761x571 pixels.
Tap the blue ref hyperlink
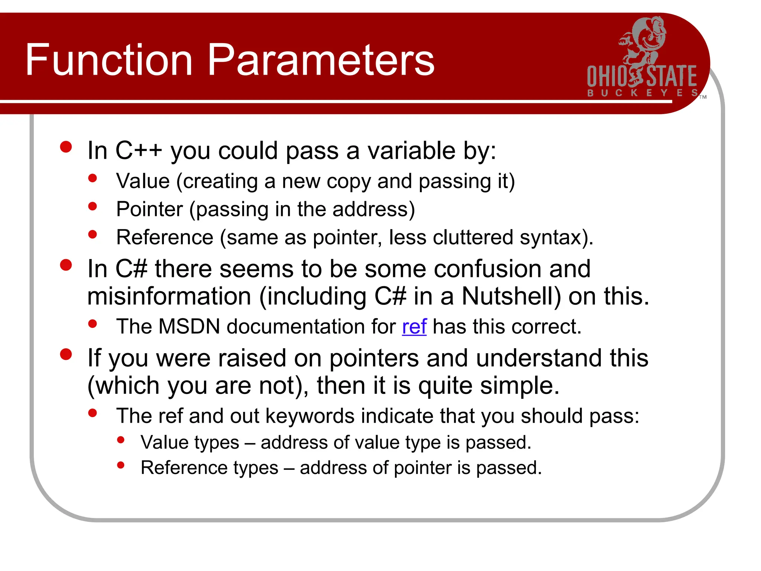(x=414, y=327)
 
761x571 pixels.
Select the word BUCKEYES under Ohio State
(x=642, y=93)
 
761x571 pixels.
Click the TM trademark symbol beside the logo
(x=703, y=97)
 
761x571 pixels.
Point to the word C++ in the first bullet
(x=139, y=151)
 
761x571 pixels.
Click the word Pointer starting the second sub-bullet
(x=149, y=209)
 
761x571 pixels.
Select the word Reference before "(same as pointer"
(x=165, y=238)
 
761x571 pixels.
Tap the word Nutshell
(x=511, y=296)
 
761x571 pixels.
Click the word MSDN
(x=189, y=327)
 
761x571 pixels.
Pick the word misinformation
(x=169, y=296)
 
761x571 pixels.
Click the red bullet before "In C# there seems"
(x=66, y=265)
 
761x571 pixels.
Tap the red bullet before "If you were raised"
(x=66, y=354)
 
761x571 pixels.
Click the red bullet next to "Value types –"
(x=120, y=440)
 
